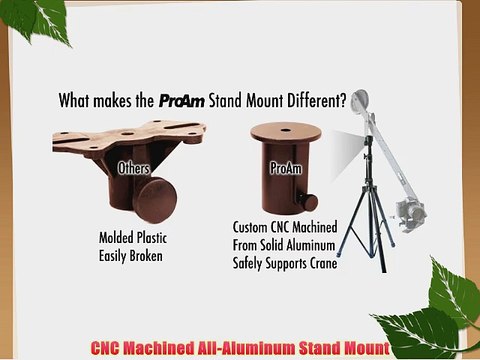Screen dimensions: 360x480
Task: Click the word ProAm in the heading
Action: (181, 101)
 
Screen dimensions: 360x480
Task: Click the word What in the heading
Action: (78, 101)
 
